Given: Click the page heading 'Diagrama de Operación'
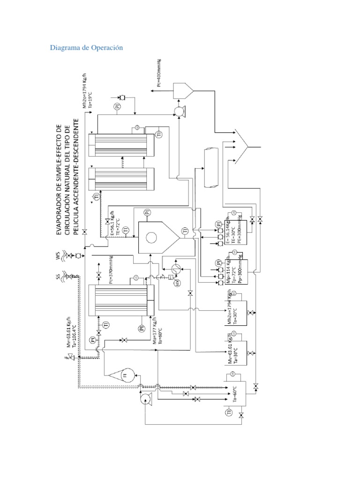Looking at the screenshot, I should point(86,48).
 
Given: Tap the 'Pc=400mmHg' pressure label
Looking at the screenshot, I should point(159,73).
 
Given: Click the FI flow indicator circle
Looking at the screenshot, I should point(125,375).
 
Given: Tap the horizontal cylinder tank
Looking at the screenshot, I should point(211,167).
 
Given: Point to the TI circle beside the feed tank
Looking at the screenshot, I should point(229,412).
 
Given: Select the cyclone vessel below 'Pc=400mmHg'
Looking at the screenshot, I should point(181,89).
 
